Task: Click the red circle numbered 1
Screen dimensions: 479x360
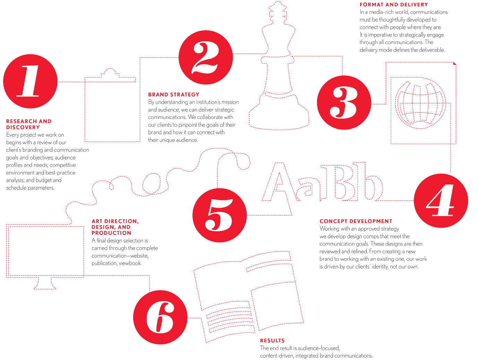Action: [30, 81]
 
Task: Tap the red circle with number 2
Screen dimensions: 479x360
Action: [206, 57]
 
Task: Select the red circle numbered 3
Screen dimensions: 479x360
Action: [344, 103]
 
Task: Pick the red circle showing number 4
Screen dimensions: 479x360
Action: [441, 200]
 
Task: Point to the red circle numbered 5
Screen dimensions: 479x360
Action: [220, 215]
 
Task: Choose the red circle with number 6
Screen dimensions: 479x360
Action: [160, 317]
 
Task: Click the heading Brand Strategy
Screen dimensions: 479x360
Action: [174, 94]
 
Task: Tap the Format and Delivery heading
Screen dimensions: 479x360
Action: [394, 5]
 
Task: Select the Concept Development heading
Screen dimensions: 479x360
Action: [356, 221]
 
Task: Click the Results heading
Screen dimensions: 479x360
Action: [272, 341]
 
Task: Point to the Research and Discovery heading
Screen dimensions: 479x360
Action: [29, 124]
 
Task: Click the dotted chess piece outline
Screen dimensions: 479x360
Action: [279, 66]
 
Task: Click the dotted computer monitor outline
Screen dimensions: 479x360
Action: [45, 257]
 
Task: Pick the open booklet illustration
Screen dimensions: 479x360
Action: [249, 297]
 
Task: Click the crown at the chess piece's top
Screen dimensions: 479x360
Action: [277, 13]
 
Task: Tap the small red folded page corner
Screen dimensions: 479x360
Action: [455, 63]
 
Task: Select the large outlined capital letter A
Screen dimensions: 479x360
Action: [277, 189]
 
